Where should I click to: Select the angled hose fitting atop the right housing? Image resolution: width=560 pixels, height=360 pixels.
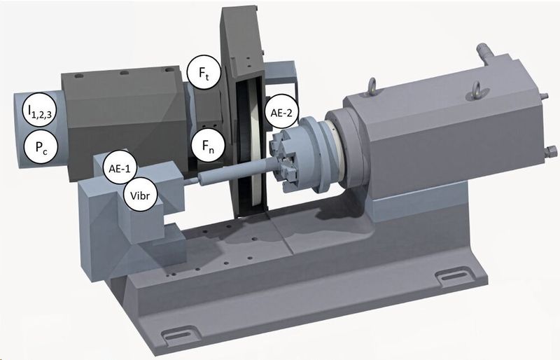tap(482, 50)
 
